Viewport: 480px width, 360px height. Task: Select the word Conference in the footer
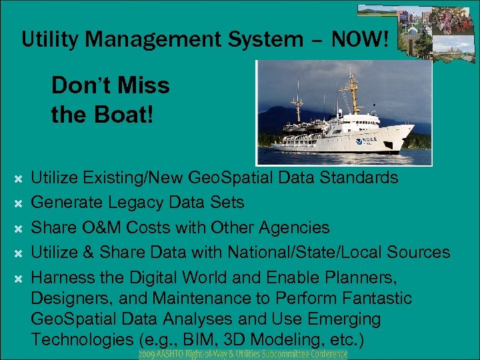(x=325, y=354)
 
